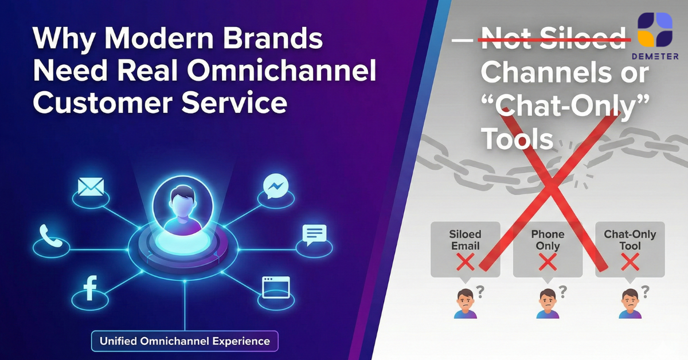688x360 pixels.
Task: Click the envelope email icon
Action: click(91, 186)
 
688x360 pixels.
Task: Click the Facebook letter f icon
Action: click(90, 288)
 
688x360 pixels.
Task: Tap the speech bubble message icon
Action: click(314, 234)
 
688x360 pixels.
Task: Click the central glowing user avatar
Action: click(183, 205)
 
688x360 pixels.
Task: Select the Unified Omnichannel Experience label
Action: click(185, 341)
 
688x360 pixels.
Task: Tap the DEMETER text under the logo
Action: click(655, 56)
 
